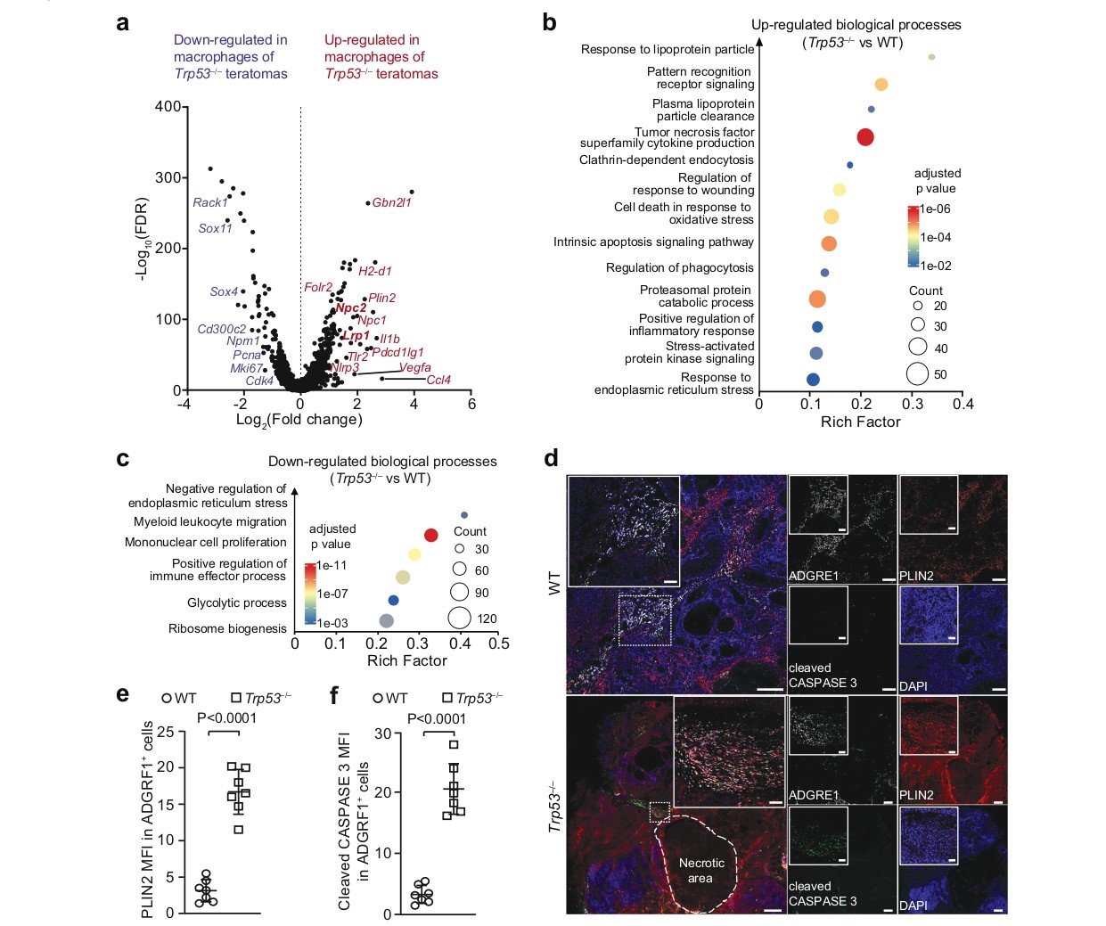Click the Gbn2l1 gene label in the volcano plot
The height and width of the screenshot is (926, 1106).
391,202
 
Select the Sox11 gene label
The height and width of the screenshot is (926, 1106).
215,228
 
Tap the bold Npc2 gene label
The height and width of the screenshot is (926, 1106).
350,307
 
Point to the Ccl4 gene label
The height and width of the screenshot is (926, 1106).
438,380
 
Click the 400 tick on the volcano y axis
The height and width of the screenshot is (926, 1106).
168,106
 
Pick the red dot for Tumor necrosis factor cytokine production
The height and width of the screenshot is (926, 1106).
864,136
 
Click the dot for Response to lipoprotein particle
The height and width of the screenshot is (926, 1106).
931,57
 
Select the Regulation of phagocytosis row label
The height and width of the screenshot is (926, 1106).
679,267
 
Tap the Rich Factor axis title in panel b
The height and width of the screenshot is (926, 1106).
860,422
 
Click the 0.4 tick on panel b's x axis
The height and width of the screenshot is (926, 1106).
963,404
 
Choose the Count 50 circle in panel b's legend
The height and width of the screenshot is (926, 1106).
918,373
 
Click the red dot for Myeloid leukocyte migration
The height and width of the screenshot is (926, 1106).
430,535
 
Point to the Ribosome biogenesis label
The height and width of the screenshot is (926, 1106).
227,628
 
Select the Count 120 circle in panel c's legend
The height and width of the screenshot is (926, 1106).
459,617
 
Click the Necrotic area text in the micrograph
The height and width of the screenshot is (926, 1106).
700,870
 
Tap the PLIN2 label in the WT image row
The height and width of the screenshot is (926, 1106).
916,576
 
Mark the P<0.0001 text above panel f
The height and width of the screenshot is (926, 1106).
436,718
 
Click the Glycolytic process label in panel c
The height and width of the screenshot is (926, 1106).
236,602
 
